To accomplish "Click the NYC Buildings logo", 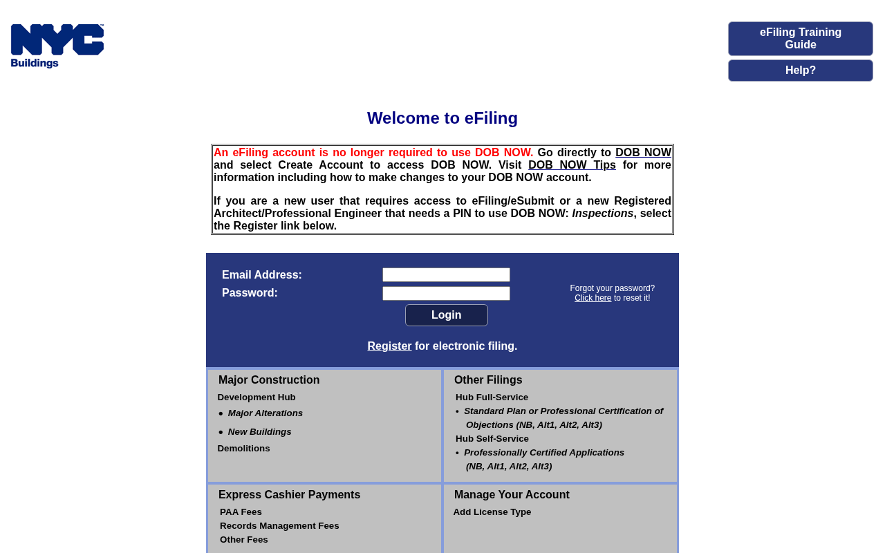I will [57, 46].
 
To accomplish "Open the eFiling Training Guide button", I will [800, 39].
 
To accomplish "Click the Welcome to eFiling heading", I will [442, 118].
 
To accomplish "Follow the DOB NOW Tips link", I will [572, 165].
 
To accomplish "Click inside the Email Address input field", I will [446, 275].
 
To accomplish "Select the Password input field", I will [446, 294].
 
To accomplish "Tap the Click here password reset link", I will [593, 298].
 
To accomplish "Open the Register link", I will [389, 346].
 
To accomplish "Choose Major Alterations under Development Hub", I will [265, 413].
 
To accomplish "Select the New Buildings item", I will [259, 432].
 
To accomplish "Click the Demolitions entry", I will [243, 449].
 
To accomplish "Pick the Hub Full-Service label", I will [492, 397].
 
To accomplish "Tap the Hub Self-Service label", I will [492, 439].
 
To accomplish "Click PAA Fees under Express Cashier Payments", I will [241, 512].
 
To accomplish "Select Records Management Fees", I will [279, 526].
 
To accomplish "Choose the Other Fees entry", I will [243, 540].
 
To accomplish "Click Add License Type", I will [492, 512].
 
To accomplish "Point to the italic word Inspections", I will [602, 214].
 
